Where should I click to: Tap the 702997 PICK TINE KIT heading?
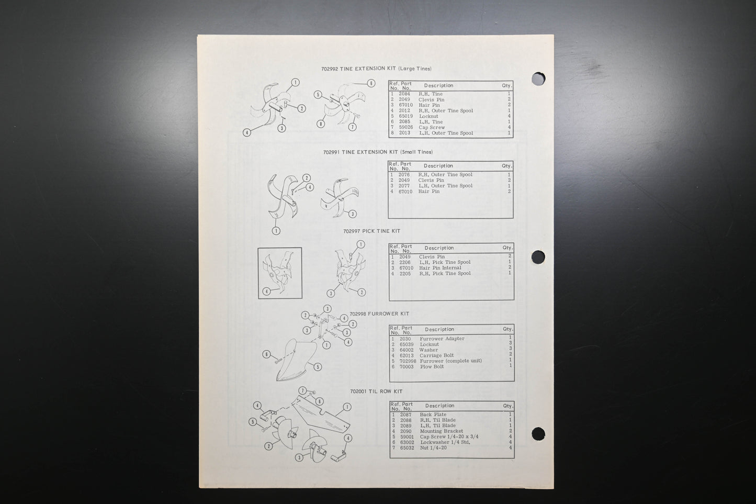click(371, 231)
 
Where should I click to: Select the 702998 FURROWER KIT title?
click(379, 313)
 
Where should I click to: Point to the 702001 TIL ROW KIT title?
click(376, 391)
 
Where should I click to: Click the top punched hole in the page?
click(538, 79)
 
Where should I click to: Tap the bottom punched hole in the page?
click(538, 434)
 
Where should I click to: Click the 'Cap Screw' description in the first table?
click(432, 127)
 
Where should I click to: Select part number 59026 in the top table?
click(406, 127)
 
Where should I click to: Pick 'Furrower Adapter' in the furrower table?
click(442, 339)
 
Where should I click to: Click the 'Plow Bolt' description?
click(432, 366)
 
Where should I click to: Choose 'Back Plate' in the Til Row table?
click(433, 415)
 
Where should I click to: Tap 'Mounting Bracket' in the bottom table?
click(442, 431)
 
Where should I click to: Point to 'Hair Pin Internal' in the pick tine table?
click(440, 268)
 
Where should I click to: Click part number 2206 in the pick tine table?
click(405, 262)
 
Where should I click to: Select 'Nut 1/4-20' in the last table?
click(433, 447)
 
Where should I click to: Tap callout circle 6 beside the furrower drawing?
click(267, 354)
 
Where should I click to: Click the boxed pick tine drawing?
click(280, 273)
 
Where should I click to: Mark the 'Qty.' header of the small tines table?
click(506, 166)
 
